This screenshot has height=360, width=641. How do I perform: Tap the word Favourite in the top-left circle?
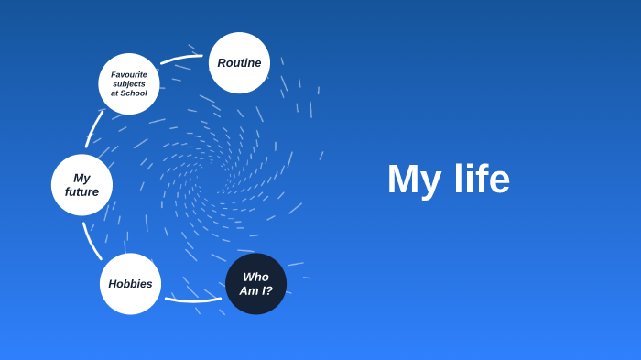[129, 75]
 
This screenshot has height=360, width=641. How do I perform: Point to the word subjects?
[129, 84]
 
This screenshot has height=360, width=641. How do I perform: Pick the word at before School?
[115, 93]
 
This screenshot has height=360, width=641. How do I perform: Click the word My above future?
[81, 178]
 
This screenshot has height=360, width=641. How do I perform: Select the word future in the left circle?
[81, 192]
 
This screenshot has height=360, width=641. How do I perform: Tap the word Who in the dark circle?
[255, 277]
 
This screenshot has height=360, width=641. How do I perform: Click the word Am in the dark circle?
[249, 291]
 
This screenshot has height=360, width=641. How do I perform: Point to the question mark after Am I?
[269, 291]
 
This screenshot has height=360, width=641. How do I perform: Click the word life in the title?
[482, 180]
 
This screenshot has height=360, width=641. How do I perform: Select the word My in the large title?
[415, 180]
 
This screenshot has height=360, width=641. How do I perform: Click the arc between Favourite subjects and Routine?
[180, 59]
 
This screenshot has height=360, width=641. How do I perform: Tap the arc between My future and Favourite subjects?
[93, 128]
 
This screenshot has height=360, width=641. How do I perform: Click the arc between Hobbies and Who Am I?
[193, 300]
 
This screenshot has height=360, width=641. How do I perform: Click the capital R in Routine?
[223, 63]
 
